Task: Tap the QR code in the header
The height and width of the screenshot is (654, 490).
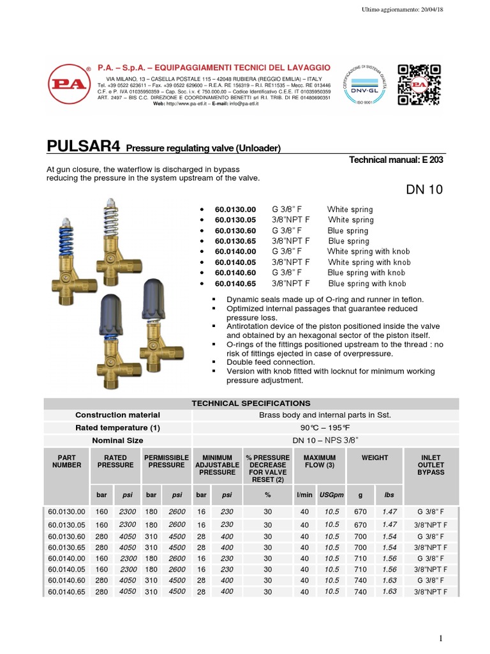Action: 419,84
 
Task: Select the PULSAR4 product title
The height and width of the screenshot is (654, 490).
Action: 85,146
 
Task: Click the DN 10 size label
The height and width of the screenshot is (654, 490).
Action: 424,189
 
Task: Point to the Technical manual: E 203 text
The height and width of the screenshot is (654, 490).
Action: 396,160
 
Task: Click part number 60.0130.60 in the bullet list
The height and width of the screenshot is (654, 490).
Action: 235,231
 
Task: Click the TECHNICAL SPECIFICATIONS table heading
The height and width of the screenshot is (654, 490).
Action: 251,403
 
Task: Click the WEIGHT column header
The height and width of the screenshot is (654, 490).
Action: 375,458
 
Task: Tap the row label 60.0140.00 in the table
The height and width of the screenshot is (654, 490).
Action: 66,558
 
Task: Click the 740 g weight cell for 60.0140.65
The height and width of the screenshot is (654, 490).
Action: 360,592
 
